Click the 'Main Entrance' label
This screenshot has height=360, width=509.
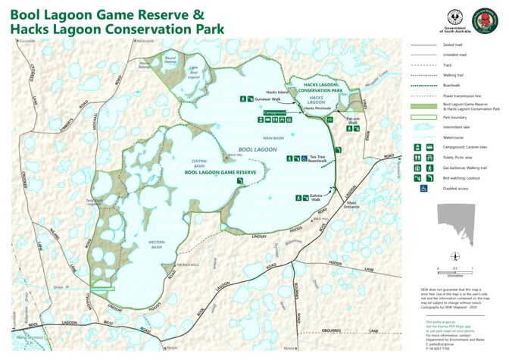(351, 205)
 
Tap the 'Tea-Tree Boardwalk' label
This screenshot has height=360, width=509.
(318, 159)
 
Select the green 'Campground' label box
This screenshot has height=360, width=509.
(275, 112)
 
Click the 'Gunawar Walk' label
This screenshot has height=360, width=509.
(267, 99)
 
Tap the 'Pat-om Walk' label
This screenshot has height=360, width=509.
(353, 121)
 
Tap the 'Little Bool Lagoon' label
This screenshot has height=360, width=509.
(194, 73)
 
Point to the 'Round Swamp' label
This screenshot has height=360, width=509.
(170, 61)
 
